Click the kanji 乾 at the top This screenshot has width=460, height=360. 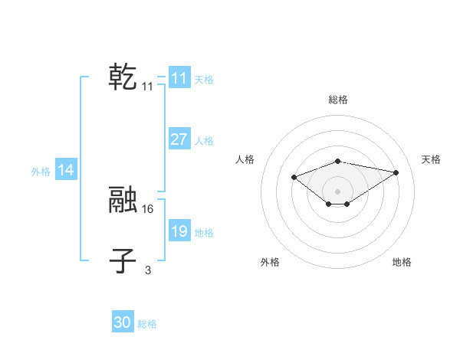click(123, 78)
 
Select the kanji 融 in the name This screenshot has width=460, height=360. click(123, 200)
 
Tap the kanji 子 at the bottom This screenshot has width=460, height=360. click(123, 260)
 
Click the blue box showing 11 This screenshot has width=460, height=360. click(179, 78)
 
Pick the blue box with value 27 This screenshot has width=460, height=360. click(179, 139)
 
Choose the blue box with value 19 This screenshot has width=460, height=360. click(179, 231)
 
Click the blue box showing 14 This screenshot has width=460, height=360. click(66, 170)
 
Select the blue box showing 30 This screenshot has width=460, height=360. click(123, 322)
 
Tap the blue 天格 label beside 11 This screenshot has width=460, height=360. click(204, 79)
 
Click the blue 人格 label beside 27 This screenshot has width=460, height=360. click(204, 141)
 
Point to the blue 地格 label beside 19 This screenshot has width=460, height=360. click(204, 233)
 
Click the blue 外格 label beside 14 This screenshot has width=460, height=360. click(41, 172)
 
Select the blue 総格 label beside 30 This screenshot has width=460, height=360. click(147, 324)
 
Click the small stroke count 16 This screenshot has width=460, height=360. click(148, 208)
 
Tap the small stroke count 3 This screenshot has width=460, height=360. click(148, 269)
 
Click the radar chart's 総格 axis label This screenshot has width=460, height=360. click(338, 100)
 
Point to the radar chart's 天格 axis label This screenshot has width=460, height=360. click(431, 159)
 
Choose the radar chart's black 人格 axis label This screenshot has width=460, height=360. click(245, 159)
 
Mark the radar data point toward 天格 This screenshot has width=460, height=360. click(396, 172)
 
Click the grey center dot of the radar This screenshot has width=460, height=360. click(338, 191)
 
